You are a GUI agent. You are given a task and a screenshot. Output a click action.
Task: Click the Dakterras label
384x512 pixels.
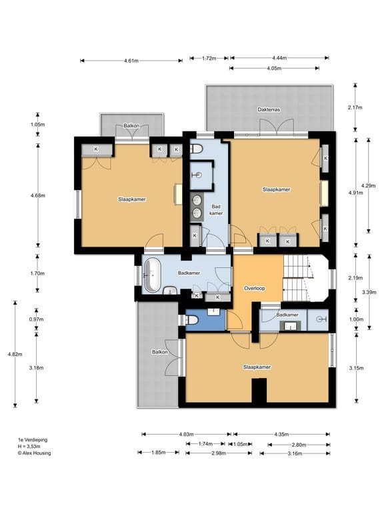coord(269,110)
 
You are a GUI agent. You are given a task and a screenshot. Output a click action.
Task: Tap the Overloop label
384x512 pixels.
coord(255,288)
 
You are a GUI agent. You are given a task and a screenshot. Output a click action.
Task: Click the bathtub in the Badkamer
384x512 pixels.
coord(152,275)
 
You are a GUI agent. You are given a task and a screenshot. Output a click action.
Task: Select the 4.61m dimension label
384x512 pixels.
coord(131,61)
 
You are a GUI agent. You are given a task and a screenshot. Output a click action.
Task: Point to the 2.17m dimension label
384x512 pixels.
coord(355,107)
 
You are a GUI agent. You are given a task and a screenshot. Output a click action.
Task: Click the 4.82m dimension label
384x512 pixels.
coord(15,354)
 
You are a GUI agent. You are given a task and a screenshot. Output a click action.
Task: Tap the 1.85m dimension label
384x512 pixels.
coord(159,453)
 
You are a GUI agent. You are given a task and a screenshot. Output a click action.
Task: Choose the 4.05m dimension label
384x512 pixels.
coord(274,68)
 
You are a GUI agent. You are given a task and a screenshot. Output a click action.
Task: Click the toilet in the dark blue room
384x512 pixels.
coord(192,320)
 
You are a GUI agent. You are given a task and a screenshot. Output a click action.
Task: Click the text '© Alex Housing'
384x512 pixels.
coord(34,453)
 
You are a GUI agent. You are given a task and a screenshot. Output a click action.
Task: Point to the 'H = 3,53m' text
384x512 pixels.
coord(29,447)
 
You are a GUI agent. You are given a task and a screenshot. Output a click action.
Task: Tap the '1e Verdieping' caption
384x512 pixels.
coord(33,440)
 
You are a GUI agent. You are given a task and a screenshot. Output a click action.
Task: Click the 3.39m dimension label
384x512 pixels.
coord(369,292)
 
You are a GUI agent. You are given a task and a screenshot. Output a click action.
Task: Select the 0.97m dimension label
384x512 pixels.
coord(36,319)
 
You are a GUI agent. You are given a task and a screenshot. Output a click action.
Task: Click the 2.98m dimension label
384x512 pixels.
coord(219,453)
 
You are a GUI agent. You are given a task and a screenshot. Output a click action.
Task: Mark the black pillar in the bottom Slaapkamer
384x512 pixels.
coord(259,391)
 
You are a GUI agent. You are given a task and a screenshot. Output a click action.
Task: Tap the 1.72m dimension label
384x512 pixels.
coord(209,59)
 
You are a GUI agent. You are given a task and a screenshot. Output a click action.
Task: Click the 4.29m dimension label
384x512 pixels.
coord(368,185)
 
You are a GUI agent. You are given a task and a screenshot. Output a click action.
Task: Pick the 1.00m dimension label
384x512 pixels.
coord(356,319)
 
